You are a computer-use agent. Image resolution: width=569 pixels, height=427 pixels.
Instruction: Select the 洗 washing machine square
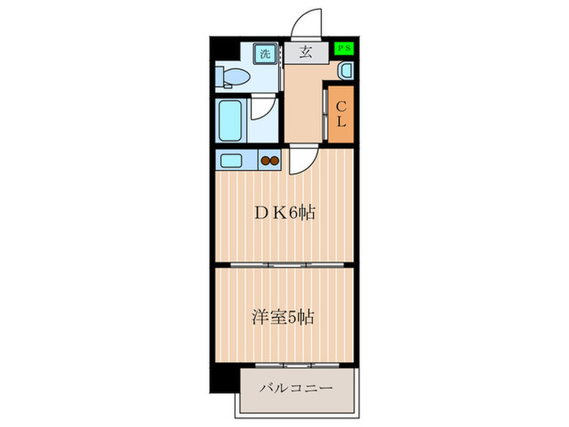click(x=264, y=54)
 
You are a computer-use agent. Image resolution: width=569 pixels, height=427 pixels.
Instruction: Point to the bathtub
click(x=232, y=121)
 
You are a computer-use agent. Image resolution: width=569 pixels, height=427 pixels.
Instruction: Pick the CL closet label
click(x=342, y=113)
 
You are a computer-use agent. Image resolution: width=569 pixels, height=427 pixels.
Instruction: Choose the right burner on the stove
click(x=274, y=160)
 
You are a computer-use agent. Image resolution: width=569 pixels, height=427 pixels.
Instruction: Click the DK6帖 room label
click(x=284, y=213)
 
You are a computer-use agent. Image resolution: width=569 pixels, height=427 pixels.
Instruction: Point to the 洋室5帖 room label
click(x=284, y=316)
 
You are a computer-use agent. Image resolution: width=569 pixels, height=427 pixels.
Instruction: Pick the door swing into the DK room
click(x=299, y=159)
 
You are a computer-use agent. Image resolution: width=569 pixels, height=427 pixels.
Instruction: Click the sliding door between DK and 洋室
click(x=284, y=265)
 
